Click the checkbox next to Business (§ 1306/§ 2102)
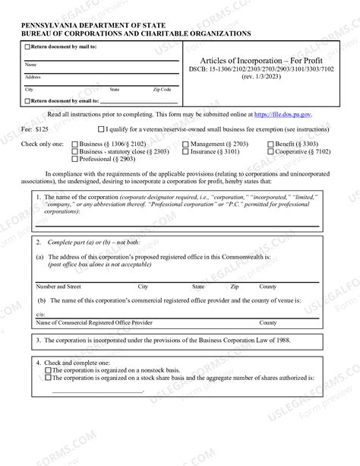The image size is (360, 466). coord(74,144)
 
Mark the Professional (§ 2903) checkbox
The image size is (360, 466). coord(74,159)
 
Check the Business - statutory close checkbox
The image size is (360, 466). coord(74,151)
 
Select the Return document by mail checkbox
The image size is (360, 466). coord(27,47)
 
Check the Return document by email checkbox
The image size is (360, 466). coord(27,100)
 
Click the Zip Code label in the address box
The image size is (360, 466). coord(162,90)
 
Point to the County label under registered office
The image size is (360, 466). coord(267,287)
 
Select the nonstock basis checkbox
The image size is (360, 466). coord(49,370)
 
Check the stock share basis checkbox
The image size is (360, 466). coord(49,378)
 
